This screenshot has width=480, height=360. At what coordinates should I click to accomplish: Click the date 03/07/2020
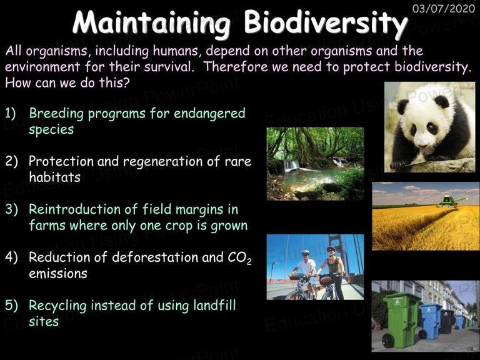444,8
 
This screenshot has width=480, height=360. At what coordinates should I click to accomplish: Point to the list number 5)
11,306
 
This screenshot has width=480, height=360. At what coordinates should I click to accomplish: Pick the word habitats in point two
54,177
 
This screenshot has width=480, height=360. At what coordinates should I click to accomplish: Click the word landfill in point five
214,305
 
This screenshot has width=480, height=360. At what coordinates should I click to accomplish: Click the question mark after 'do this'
126,82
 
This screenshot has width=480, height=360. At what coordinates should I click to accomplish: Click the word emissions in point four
58,273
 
